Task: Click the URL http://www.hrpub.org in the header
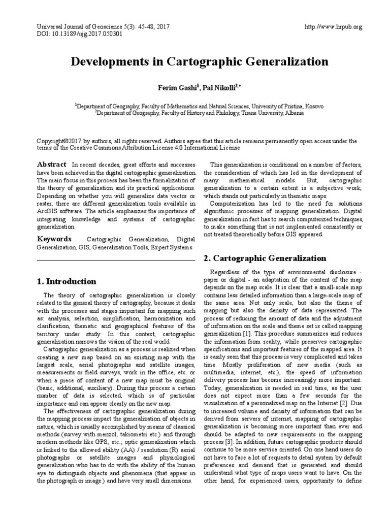coord(333,27)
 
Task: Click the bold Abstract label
coord(51,165)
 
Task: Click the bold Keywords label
coord(55,239)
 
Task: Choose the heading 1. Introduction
coord(67,281)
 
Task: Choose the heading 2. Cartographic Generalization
coord(265,258)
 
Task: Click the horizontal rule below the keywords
coord(115,260)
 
